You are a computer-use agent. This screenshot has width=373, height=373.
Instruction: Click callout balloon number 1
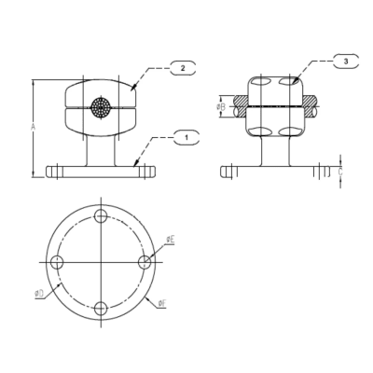click(186, 138)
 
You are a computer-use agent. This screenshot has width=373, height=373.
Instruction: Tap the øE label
click(170, 241)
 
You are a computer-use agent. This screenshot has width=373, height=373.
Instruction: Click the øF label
click(162, 303)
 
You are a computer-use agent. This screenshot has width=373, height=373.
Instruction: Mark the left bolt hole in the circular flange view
click(56, 262)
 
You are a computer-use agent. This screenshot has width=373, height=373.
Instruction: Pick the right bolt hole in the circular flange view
click(145, 262)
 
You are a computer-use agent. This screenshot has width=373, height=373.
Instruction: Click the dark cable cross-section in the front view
click(101, 107)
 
